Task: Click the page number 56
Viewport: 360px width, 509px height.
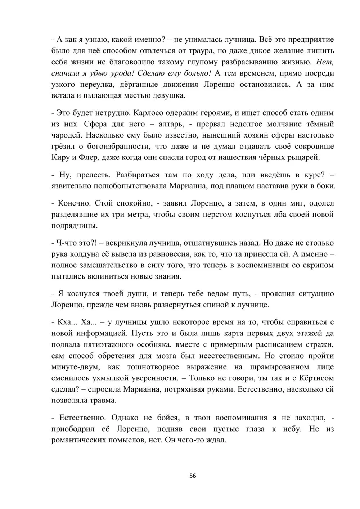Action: pyautogui.click(x=193, y=476)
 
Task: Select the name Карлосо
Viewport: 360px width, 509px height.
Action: pyautogui.click(x=150, y=113)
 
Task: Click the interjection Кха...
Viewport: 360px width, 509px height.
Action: pyautogui.click(x=65, y=322)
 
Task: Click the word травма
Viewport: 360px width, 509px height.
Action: pyautogui.click(x=110, y=401)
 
